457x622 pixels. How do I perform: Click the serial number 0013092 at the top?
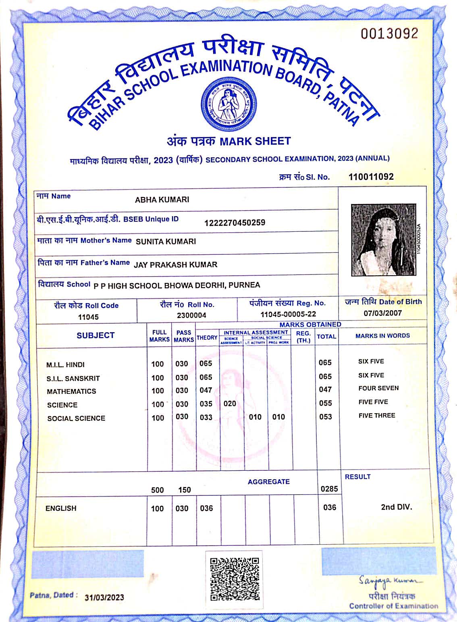(x=389, y=34)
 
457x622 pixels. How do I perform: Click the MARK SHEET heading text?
(x=255, y=141)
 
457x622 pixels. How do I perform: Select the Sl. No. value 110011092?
(x=371, y=177)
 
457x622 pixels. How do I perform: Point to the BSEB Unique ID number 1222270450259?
(x=235, y=223)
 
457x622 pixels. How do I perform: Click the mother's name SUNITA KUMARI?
(x=166, y=241)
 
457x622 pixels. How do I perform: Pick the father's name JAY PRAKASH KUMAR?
(x=175, y=265)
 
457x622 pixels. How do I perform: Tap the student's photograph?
(x=383, y=240)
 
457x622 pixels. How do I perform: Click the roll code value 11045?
(x=88, y=317)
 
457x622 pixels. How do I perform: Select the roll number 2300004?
(x=191, y=315)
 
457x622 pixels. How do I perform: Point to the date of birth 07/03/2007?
(x=382, y=313)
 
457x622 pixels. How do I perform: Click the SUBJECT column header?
(x=96, y=335)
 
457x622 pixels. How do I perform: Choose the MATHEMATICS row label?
(x=71, y=391)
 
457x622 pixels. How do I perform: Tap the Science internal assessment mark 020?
(x=230, y=404)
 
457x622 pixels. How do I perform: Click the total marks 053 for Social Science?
(x=325, y=417)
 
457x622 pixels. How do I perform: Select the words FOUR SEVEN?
(x=378, y=388)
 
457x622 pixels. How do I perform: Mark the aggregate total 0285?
(x=329, y=489)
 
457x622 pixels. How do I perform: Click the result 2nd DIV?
(x=397, y=507)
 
